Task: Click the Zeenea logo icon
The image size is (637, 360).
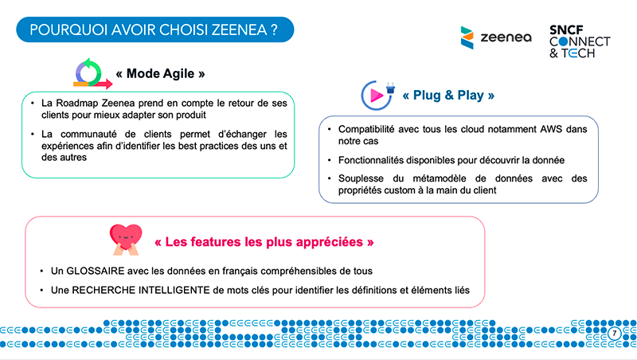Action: tap(468, 37)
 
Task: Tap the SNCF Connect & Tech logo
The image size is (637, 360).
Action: tap(579, 41)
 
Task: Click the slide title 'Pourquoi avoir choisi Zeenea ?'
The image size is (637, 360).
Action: tap(154, 30)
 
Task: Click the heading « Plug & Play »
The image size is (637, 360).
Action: tap(448, 96)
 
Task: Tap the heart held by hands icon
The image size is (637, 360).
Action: tap(127, 239)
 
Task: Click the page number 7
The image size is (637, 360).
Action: tap(614, 332)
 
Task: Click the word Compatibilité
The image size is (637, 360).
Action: tap(372, 129)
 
